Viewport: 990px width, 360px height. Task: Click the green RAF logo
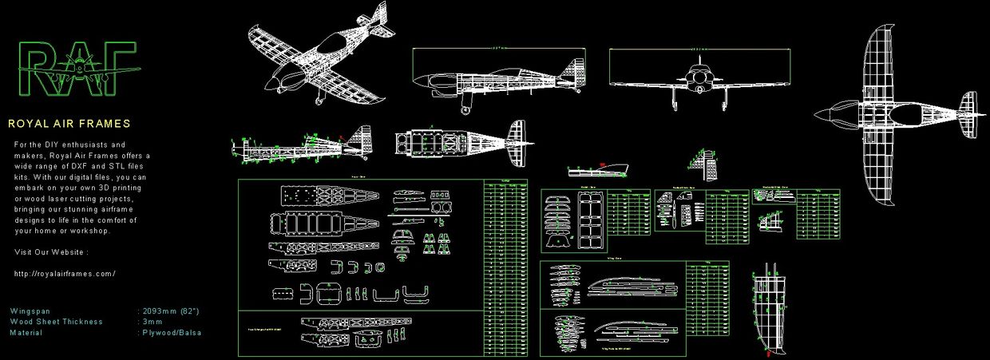pos(77,69)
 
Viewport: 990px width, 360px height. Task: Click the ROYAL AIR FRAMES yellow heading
pos(69,125)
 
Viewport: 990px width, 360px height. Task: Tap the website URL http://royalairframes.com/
pos(65,274)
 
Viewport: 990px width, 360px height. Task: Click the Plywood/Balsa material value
pos(172,333)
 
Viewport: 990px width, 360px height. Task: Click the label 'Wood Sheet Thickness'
pos(56,322)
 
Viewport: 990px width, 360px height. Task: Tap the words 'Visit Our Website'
pos(51,252)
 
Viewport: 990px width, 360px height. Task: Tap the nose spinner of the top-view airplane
pos(820,112)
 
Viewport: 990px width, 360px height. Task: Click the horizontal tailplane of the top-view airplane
pos(968,114)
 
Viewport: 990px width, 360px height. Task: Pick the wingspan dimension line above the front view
pos(700,49)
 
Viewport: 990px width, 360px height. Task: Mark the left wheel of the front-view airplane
pos(675,104)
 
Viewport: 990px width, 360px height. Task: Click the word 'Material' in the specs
pos(26,333)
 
